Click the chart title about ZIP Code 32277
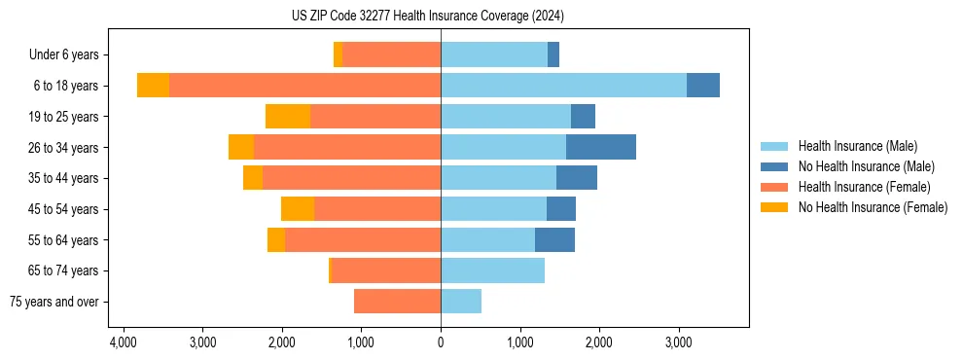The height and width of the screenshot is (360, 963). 441,17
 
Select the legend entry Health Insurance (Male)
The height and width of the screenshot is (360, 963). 857,146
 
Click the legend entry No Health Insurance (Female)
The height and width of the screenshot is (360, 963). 873,207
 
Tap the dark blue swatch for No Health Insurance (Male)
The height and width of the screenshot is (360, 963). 774,166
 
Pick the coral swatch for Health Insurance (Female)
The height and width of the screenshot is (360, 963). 774,187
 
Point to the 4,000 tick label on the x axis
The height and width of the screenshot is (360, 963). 124,342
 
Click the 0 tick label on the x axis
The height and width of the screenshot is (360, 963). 441,342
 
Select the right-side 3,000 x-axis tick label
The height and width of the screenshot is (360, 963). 678,342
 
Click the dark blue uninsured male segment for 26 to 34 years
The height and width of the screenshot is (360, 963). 600,147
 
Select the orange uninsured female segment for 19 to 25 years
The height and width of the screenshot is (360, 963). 288,117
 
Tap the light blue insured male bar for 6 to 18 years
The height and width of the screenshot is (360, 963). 563,86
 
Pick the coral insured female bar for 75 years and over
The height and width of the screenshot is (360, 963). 397,302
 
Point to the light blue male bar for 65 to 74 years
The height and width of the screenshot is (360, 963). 492,270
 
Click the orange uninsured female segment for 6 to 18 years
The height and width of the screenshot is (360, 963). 153,86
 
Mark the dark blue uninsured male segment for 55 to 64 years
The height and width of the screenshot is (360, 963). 554,239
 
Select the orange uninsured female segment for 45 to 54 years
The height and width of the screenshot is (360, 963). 298,209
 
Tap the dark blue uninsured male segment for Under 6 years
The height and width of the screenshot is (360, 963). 553,55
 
